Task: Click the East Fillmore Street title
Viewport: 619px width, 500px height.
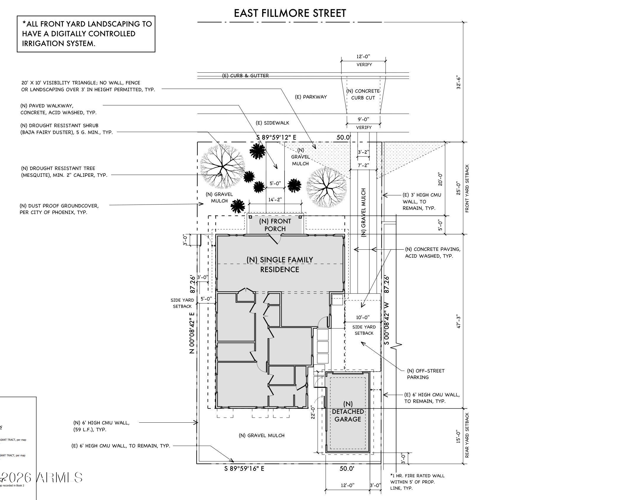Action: pos(290,13)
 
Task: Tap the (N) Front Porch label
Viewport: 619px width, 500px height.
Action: pos(275,225)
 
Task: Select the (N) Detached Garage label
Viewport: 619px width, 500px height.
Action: pos(348,411)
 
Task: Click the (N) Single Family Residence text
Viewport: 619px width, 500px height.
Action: pos(280,264)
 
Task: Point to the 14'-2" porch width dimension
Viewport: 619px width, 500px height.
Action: pos(275,200)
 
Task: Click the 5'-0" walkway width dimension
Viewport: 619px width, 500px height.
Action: pos(275,183)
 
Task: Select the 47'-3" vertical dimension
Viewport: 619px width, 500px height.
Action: pos(458,321)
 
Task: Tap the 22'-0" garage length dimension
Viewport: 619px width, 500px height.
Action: pos(313,412)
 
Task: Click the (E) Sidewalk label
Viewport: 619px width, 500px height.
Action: pos(272,123)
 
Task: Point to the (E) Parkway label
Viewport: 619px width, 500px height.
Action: pos(311,97)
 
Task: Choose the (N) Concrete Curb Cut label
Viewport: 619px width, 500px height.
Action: pos(363,94)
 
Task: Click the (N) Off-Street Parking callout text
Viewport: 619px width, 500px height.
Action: pos(426,374)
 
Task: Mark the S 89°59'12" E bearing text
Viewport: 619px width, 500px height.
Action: pos(276,137)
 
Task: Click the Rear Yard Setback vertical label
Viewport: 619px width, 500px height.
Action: pos(467,435)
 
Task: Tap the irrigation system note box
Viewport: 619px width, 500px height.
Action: pos(86,34)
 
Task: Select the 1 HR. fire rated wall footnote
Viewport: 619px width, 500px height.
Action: pos(417,482)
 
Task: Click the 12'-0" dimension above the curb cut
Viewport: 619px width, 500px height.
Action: pos(363,56)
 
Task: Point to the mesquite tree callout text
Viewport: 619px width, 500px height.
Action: pos(64,171)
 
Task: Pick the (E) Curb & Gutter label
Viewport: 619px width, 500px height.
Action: pos(245,76)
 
